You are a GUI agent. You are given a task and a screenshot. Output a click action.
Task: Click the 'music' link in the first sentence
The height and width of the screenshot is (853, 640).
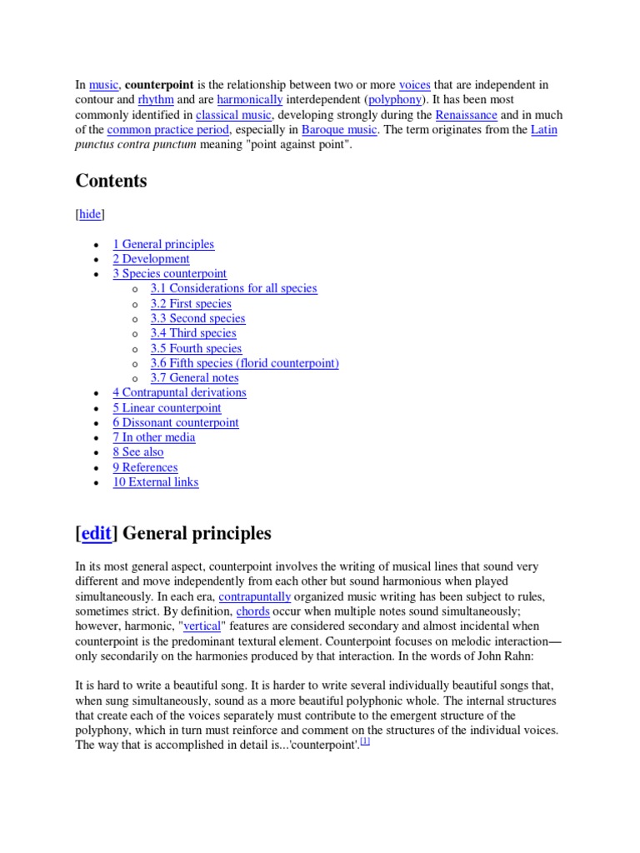point(103,85)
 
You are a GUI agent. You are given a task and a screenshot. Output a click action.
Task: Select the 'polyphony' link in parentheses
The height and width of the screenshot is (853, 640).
point(395,100)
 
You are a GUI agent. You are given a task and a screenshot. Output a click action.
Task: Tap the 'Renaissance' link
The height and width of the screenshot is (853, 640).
point(466,115)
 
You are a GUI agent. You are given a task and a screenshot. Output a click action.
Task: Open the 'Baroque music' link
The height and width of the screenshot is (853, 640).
point(339,130)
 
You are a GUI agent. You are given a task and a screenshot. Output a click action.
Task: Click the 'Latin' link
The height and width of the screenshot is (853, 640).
point(544,130)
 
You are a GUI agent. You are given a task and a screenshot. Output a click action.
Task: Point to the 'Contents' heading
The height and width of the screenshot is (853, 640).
point(111,181)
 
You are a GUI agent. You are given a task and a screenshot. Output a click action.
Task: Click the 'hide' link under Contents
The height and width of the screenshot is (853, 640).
point(90,214)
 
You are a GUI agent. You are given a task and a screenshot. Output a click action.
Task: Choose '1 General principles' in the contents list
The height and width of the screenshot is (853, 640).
point(163,244)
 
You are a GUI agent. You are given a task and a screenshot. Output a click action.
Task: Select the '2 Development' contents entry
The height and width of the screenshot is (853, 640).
point(151,259)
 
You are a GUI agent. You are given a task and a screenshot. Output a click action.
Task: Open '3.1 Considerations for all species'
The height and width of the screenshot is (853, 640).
point(233,288)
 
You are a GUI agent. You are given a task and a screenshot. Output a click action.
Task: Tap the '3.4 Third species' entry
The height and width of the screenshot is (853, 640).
point(192,333)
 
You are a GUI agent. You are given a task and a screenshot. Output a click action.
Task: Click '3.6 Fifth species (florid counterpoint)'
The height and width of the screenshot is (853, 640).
point(244,363)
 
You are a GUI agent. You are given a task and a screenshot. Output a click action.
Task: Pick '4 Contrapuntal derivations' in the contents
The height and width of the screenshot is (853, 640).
point(179,392)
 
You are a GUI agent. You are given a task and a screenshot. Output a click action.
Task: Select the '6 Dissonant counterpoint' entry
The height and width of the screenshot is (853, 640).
point(175,422)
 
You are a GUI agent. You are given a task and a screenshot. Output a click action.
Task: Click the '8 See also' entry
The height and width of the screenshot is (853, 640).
point(138,452)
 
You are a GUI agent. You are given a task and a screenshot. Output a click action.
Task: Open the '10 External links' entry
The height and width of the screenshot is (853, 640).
point(156,481)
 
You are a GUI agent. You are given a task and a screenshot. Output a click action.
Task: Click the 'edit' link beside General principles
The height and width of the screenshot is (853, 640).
point(96,533)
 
